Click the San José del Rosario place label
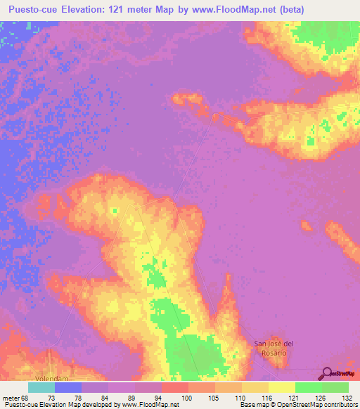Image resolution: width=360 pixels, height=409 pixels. (x=270, y=347)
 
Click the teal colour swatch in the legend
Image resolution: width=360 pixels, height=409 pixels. (x=41, y=387)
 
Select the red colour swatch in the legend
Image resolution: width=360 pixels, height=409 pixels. (x=174, y=387)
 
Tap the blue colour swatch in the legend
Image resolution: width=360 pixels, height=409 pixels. (x=68, y=387)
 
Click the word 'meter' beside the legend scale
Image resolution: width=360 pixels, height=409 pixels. (x=12, y=397)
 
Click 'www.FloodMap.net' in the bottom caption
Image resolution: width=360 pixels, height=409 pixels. (x=149, y=405)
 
